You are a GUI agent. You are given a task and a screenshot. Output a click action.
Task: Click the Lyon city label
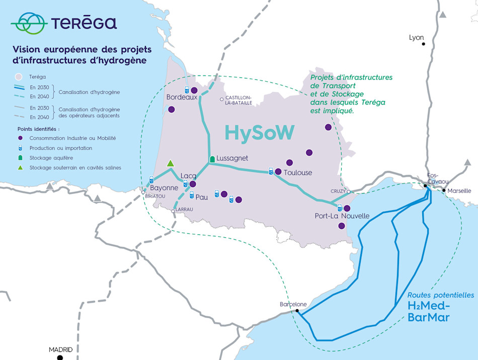coord(416,38)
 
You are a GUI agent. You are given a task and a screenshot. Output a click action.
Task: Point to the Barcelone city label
coord(293,304)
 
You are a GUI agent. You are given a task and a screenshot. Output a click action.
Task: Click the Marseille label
coord(459,191)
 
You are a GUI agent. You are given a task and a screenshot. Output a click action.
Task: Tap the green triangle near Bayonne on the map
coord(171,163)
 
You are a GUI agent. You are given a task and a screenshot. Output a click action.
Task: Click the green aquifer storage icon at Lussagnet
coord(212,159)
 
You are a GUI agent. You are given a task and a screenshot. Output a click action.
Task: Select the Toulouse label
coord(298,172)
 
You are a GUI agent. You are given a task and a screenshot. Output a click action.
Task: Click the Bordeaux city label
coord(182,98)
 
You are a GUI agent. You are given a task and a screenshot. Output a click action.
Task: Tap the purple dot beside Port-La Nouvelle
coord(347,208)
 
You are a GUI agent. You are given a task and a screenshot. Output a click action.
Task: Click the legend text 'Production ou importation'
coord(61,148)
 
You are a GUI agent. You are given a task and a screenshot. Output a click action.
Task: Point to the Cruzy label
coord(338,191)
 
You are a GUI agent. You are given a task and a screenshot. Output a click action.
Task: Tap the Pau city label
coord(201,198)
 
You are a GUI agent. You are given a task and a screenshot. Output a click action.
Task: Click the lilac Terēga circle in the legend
coord(19,77)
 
